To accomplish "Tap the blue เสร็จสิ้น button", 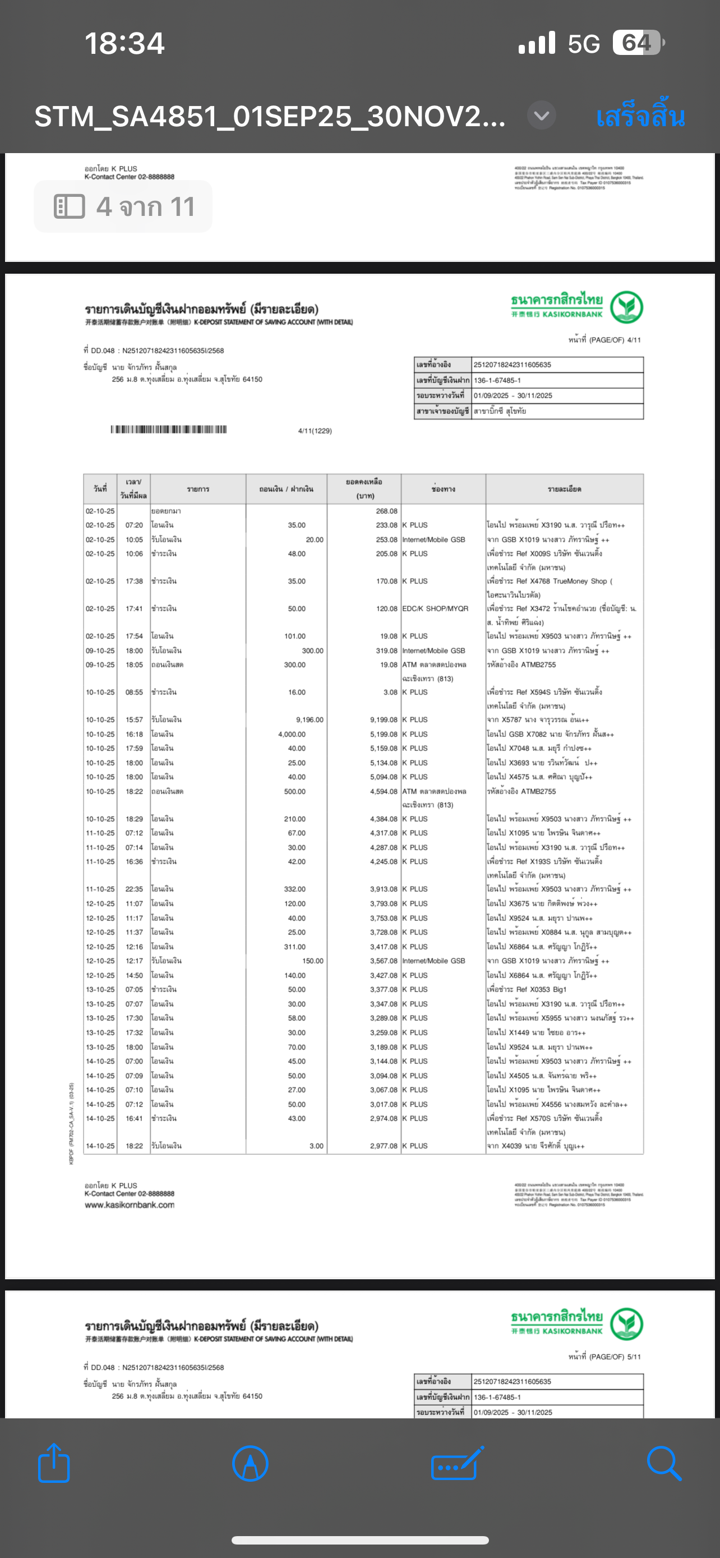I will coord(640,116).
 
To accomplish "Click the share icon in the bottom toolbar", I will coord(54,1463).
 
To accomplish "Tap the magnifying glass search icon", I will coord(664,1463).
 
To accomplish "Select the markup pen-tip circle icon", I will coord(250,1463).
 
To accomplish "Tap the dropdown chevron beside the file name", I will coord(542,115).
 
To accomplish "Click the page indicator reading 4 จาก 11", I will coord(123,207).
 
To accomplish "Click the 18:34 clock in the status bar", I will coord(124,44).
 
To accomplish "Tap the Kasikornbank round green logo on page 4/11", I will coord(626,307).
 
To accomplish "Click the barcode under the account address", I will coord(169,430).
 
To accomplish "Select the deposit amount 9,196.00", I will coord(310,720).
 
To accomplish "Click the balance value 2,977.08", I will coord(384,1146).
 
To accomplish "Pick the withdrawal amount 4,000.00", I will coord(292,734).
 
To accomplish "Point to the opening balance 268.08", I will coord(386,511).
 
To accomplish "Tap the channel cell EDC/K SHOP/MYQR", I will coord(435,609).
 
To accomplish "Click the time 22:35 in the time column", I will coord(134,889).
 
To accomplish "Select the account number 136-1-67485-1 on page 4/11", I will coord(497,380).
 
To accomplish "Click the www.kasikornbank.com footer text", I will coord(130,1205).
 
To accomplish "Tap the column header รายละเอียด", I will coord(564,488).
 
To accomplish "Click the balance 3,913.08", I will coord(384,889).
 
